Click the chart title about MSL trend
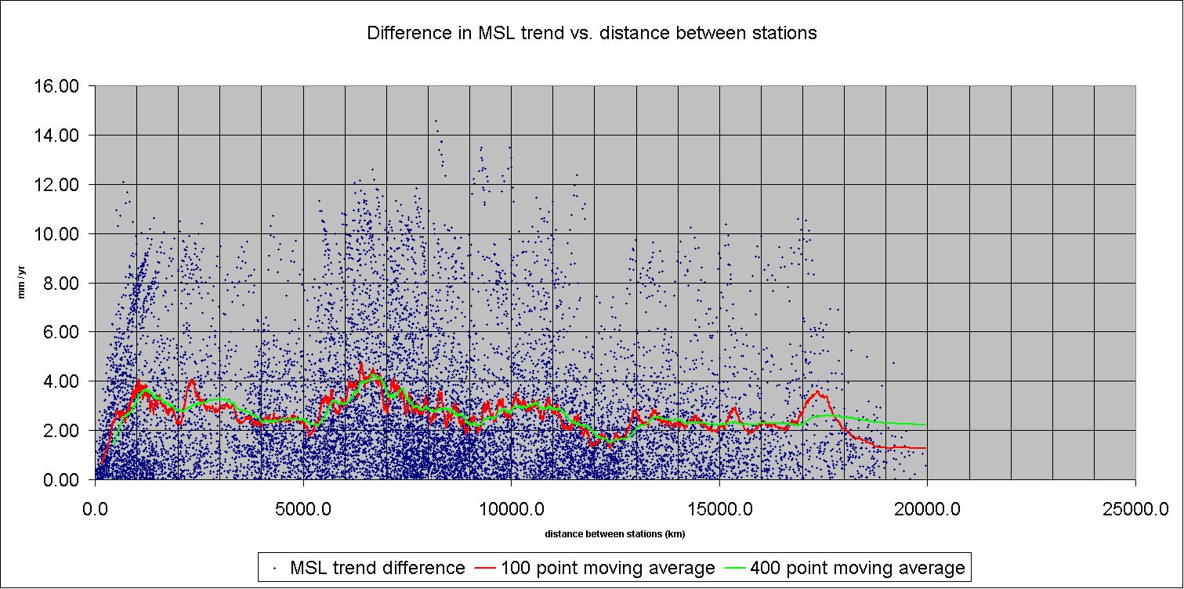[x=592, y=34]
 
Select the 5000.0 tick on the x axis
[x=303, y=510]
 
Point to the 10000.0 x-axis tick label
[x=511, y=510]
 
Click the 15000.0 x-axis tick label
[x=719, y=510]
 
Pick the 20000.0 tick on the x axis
[x=927, y=510]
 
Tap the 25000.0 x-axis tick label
[x=1135, y=510]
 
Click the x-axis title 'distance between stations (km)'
[x=615, y=534]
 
